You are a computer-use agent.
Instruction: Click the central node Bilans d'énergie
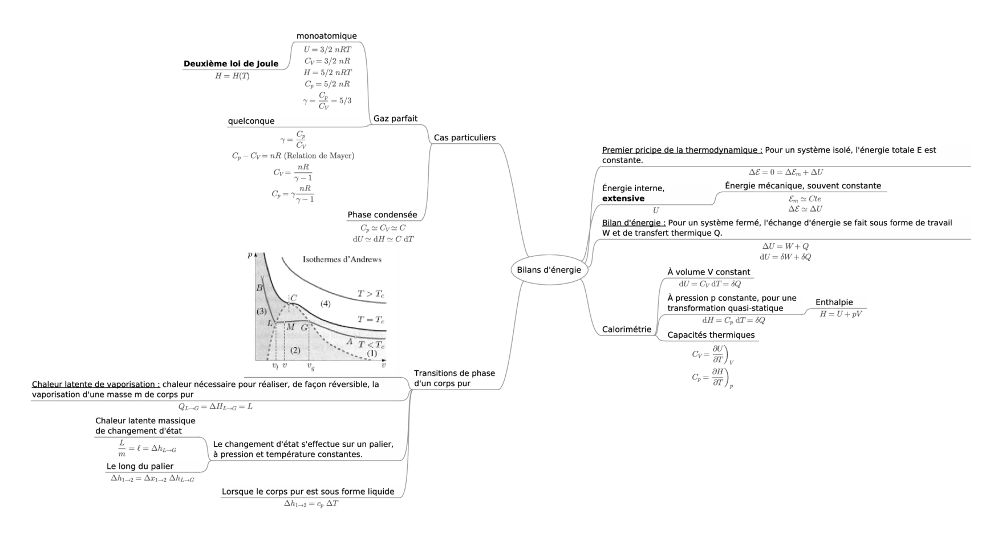pos(549,270)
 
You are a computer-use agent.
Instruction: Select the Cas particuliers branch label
pos(464,137)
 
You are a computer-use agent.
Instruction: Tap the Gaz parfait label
pos(395,119)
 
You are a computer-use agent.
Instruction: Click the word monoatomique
pos(326,36)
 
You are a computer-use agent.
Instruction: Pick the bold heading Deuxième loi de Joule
pos(231,64)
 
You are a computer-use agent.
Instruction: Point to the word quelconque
pos(251,121)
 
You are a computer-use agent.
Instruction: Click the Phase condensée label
pos(382,215)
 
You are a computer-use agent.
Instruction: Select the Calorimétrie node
pos(626,329)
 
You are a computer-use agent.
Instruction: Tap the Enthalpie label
pos(834,302)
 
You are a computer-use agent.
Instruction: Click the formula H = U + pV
pos(841,314)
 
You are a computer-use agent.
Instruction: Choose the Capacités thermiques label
pos(711,335)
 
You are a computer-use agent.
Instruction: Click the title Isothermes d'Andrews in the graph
pos(342,260)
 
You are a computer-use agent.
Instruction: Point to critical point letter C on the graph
pos(294,298)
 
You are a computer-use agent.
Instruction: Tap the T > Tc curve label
pos(371,294)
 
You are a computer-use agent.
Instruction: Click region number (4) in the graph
pos(325,304)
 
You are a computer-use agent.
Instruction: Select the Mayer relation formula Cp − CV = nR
pos(293,156)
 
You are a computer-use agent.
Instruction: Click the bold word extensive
pos(623,199)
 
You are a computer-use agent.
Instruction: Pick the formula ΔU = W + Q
pos(785,246)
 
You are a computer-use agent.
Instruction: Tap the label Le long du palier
pos(140,466)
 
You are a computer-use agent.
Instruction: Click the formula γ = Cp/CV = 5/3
pos(327,101)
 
